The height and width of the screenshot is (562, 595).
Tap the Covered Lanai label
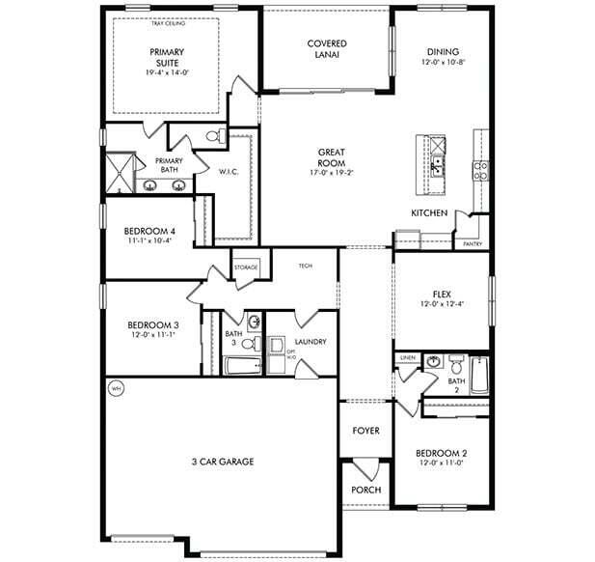pos(327,49)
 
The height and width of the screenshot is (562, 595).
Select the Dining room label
pos(441,52)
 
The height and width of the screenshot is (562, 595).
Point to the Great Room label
pos(333,159)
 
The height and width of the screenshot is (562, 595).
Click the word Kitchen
pos(428,212)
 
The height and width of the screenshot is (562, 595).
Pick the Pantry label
pos(473,244)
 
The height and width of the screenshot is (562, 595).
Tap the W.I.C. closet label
pos(229,173)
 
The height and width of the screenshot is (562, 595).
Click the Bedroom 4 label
pos(149,231)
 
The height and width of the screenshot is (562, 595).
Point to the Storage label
pos(245,267)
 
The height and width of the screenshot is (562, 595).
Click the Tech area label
pos(305,266)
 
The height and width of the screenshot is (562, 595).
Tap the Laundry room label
pos(311,342)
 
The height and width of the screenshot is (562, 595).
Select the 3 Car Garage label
pos(222,462)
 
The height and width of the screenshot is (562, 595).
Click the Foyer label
pos(365,431)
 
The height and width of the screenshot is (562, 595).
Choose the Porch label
pos(365,490)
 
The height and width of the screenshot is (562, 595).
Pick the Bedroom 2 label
pos(441,453)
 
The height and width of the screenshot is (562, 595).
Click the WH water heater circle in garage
pos(118,389)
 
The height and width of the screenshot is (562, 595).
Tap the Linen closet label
pos(408,357)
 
